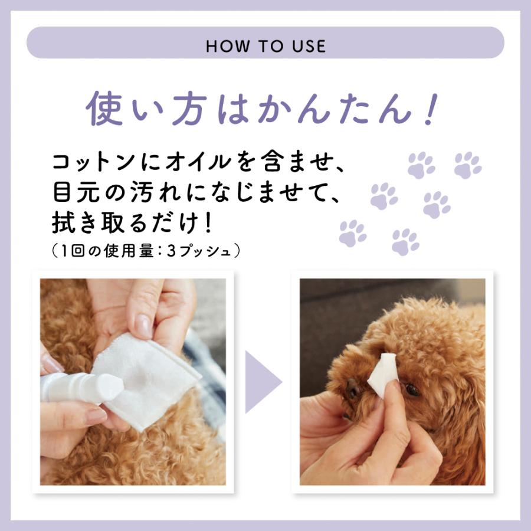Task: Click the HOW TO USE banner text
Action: click(x=265, y=46)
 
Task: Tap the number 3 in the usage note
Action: click(x=172, y=250)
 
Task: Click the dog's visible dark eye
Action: click(x=412, y=389)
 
